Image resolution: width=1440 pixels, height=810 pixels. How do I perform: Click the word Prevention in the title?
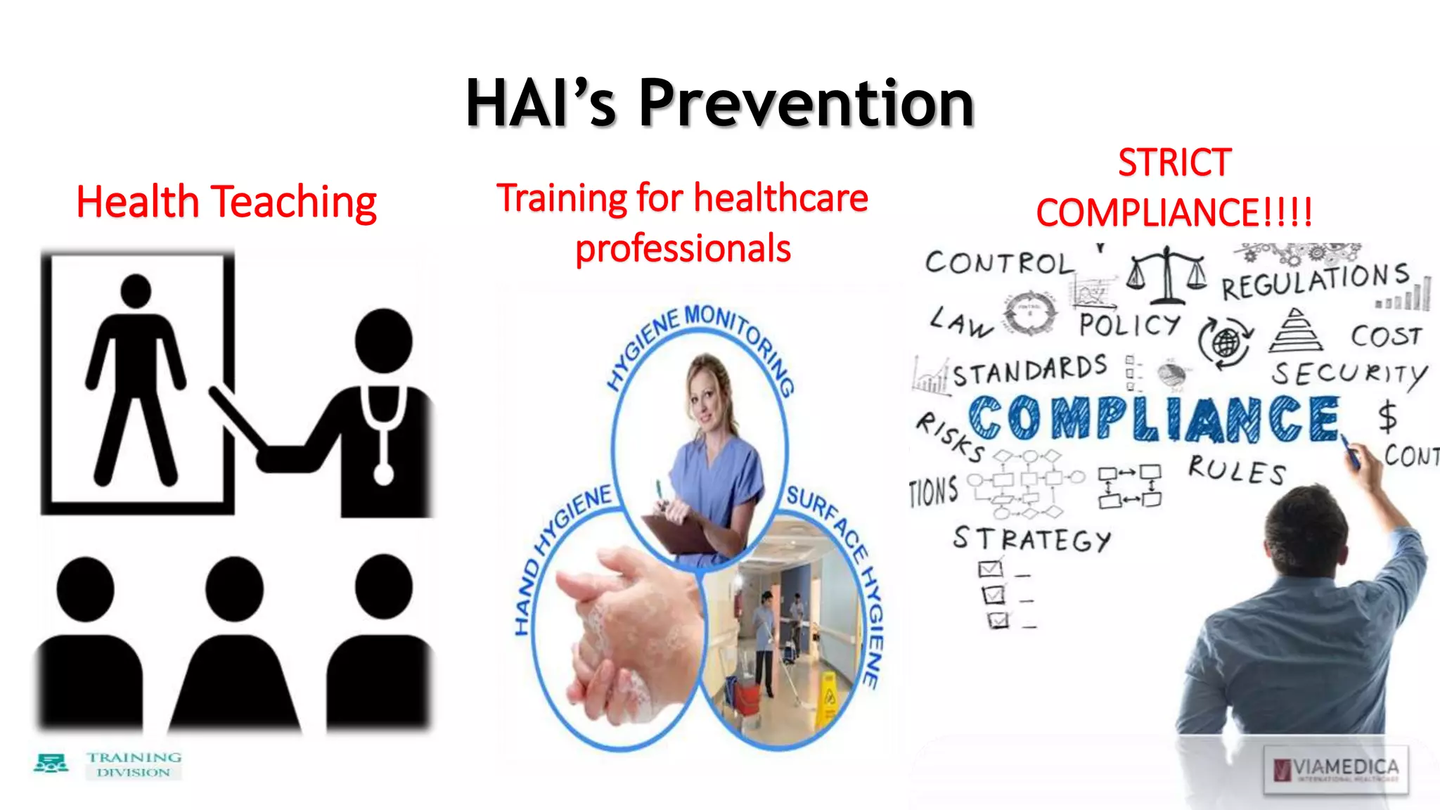[806, 103]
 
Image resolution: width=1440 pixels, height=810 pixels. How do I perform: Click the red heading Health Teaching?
[226, 202]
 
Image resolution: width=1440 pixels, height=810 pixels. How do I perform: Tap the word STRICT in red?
[1174, 163]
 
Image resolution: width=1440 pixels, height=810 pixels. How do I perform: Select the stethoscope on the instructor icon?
[383, 436]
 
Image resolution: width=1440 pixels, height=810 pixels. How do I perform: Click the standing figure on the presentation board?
[136, 380]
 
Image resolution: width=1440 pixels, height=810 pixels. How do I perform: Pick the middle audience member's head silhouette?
[234, 589]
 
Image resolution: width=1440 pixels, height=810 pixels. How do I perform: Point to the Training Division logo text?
[134, 764]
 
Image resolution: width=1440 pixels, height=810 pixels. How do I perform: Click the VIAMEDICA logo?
[1336, 769]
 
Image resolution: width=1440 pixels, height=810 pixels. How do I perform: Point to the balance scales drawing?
[1166, 275]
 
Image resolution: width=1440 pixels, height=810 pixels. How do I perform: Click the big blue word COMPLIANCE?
[1153, 419]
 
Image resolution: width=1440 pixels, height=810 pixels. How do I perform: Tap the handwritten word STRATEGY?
[1031, 539]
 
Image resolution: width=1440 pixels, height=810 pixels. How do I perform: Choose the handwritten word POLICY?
[1129, 325]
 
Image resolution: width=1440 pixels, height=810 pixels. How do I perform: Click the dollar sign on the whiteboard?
[1387, 416]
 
